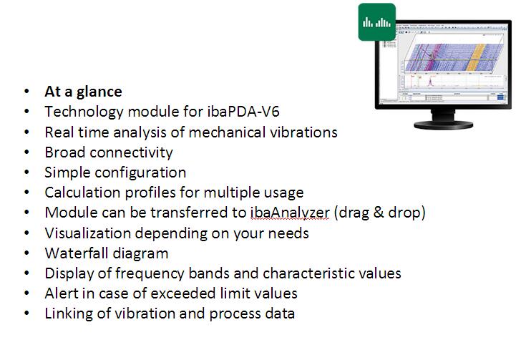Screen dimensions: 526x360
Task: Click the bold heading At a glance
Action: click(x=83, y=92)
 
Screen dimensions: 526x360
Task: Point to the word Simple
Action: click(x=67, y=172)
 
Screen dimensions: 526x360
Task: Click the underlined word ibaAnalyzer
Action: click(x=290, y=213)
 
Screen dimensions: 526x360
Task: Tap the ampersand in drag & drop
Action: click(x=379, y=213)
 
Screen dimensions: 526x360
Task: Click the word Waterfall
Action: click(x=77, y=253)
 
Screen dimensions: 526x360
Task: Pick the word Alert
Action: click(x=62, y=293)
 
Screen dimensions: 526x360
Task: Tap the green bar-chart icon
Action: click(x=376, y=22)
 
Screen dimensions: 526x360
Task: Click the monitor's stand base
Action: click(x=443, y=125)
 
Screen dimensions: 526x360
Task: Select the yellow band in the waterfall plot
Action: click(x=477, y=57)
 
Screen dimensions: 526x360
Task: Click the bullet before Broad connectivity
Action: click(x=27, y=152)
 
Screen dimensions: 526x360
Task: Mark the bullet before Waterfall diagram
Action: click(x=27, y=253)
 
